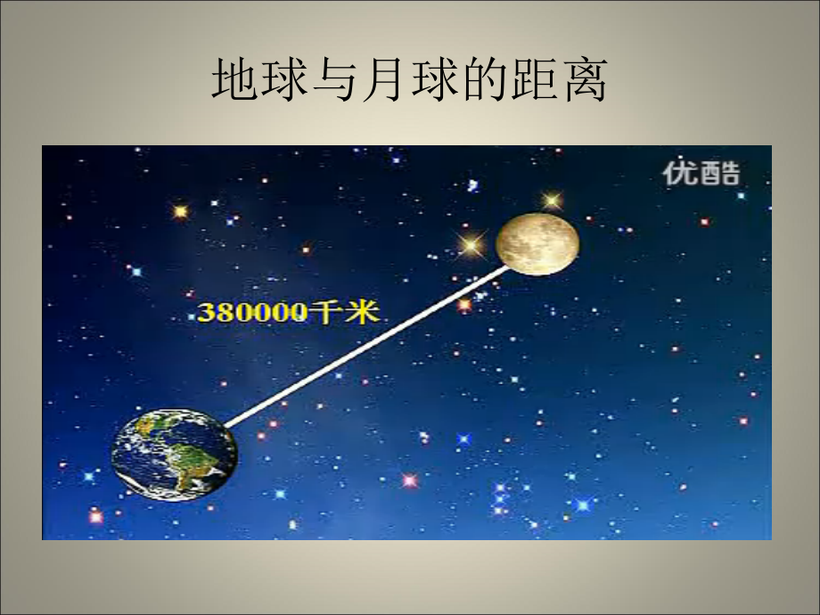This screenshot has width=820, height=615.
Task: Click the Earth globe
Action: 175,455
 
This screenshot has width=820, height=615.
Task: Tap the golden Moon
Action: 537,242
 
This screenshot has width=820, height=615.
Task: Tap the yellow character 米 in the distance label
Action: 362,312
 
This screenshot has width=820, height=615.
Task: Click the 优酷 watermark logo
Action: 701,173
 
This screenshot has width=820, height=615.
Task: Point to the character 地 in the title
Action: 233,82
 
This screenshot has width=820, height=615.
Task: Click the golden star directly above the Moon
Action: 553,201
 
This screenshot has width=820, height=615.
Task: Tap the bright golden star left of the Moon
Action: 470,242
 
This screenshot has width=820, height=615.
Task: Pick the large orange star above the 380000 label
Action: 181,211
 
